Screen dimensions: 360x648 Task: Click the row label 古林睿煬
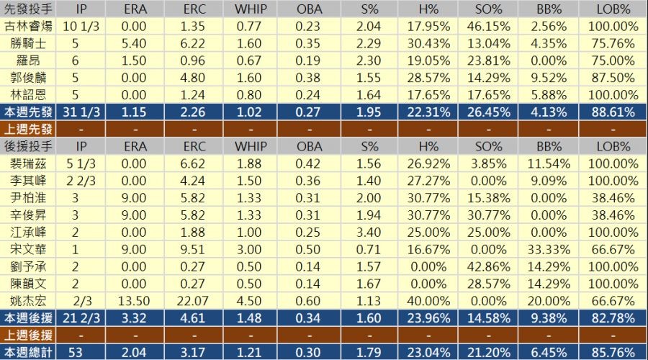pos(27,26)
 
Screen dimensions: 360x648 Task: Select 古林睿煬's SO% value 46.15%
pos(494,26)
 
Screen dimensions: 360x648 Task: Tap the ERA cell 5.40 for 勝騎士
pos(135,43)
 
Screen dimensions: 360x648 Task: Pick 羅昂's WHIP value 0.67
pos(251,60)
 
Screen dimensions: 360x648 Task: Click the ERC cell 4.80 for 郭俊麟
pos(193,78)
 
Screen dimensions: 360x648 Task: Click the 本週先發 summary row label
pos(27,112)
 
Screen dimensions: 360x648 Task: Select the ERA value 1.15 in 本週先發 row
pos(135,112)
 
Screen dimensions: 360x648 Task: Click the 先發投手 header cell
pos(27,9)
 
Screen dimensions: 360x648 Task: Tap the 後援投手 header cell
pos(27,146)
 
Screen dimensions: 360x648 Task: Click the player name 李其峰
pos(27,181)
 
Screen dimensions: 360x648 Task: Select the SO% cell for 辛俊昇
pos(494,215)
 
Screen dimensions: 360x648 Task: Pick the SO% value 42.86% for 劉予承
pos(494,266)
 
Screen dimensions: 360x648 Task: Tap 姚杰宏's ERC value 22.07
pos(193,300)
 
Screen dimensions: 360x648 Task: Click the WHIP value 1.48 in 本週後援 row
pos(251,318)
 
